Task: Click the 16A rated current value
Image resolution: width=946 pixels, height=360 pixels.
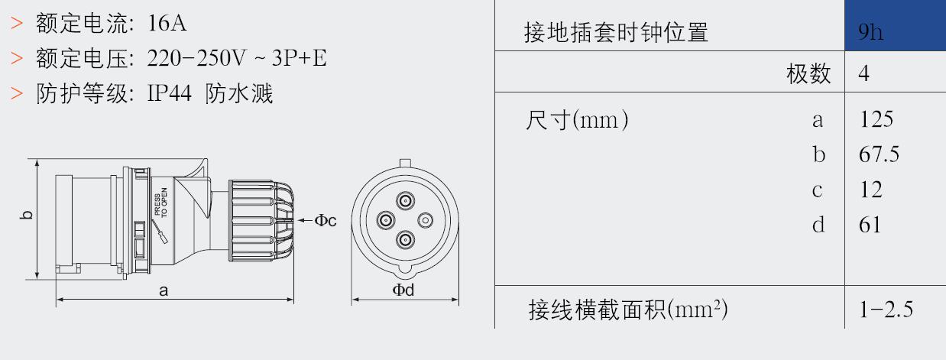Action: tap(167, 23)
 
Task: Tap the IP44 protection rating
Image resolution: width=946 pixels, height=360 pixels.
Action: tap(169, 93)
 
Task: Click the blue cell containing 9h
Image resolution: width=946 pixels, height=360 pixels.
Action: tap(895, 25)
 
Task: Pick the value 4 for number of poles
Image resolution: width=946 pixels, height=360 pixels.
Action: tap(863, 73)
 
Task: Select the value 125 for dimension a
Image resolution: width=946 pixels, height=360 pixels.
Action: tap(876, 119)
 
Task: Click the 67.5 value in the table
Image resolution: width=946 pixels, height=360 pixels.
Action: tap(879, 154)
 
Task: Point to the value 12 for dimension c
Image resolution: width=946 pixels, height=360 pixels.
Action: tap(871, 190)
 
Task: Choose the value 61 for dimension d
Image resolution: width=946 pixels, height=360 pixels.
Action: tap(870, 225)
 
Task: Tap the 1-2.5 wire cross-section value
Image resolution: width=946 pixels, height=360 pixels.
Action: tap(886, 310)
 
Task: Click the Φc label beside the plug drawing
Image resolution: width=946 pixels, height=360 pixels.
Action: tap(326, 220)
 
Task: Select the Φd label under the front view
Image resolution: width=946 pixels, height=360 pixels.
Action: tap(403, 290)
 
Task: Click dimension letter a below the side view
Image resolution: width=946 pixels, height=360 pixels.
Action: tap(164, 290)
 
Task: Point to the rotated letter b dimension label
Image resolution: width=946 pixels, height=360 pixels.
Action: tap(26, 215)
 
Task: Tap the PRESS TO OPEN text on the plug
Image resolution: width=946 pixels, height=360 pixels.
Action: tap(161, 203)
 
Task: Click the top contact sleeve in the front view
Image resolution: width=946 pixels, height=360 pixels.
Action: tap(405, 201)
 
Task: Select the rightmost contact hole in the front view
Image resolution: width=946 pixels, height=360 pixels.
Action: tap(426, 220)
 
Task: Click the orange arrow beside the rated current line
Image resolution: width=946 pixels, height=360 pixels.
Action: tap(17, 23)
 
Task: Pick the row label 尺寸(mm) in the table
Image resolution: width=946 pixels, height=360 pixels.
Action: tap(576, 120)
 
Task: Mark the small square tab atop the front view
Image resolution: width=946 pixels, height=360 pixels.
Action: tap(405, 163)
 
